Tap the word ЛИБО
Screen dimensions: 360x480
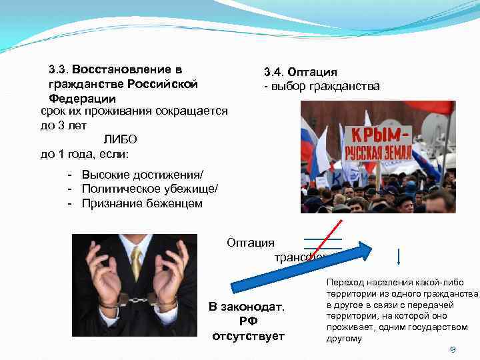(x=120, y=139)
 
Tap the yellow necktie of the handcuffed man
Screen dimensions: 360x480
(x=136, y=263)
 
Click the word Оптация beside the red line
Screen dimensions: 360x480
(x=250, y=243)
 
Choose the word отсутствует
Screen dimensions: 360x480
(x=248, y=335)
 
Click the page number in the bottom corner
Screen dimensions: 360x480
(x=451, y=349)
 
